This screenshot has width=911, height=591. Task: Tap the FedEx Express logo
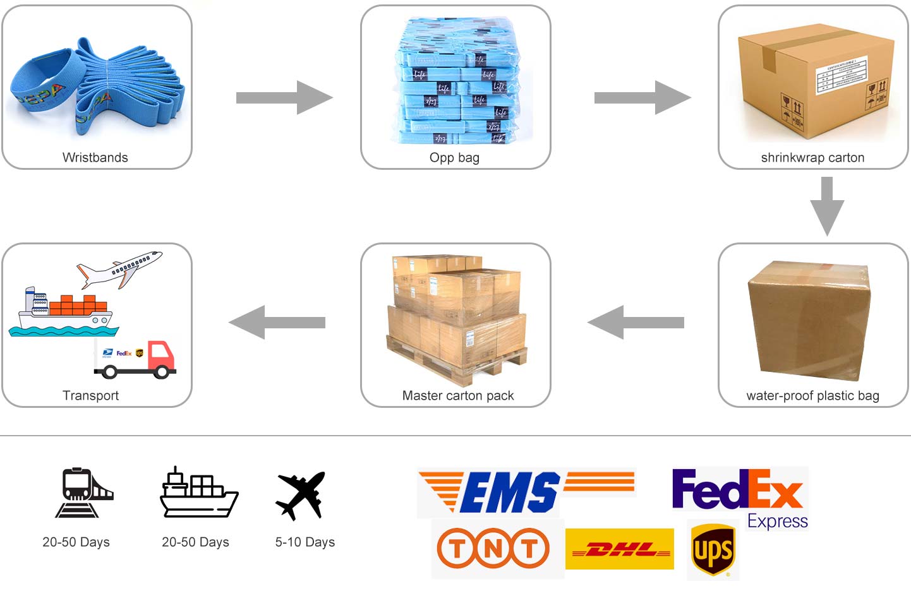tap(739, 496)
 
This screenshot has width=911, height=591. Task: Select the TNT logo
tap(493, 547)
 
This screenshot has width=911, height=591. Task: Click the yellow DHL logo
tap(620, 549)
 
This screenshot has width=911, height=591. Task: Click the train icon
tap(84, 493)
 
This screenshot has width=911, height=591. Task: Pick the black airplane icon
tap(301, 495)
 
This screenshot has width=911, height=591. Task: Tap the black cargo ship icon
tap(198, 493)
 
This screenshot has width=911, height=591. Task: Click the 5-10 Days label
tap(305, 542)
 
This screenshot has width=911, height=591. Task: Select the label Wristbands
tap(95, 157)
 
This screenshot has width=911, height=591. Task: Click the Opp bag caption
tap(454, 157)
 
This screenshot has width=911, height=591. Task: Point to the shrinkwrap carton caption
tap(812, 157)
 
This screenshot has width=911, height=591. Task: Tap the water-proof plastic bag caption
tap(812, 396)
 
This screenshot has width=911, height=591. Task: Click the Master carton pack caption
tap(458, 396)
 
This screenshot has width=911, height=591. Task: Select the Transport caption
tap(91, 396)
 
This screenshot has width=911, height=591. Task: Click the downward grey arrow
tap(827, 206)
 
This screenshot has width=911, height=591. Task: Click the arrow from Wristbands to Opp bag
tap(284, 97)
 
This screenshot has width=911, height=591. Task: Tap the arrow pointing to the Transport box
tap(277, 322)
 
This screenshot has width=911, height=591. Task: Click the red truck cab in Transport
tap(161, 356)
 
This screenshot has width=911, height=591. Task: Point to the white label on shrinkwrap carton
tap(840, 75)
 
